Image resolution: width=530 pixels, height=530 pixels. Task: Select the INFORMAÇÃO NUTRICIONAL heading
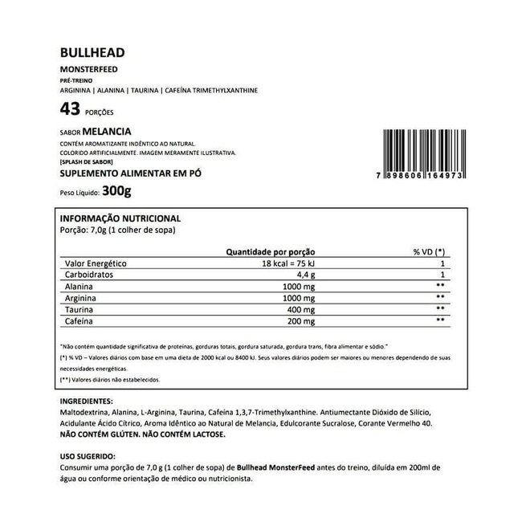(x=120, y=218)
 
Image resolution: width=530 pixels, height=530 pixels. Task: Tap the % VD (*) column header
(x=429, y=251)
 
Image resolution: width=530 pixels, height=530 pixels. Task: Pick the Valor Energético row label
(x=95, y=264)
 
